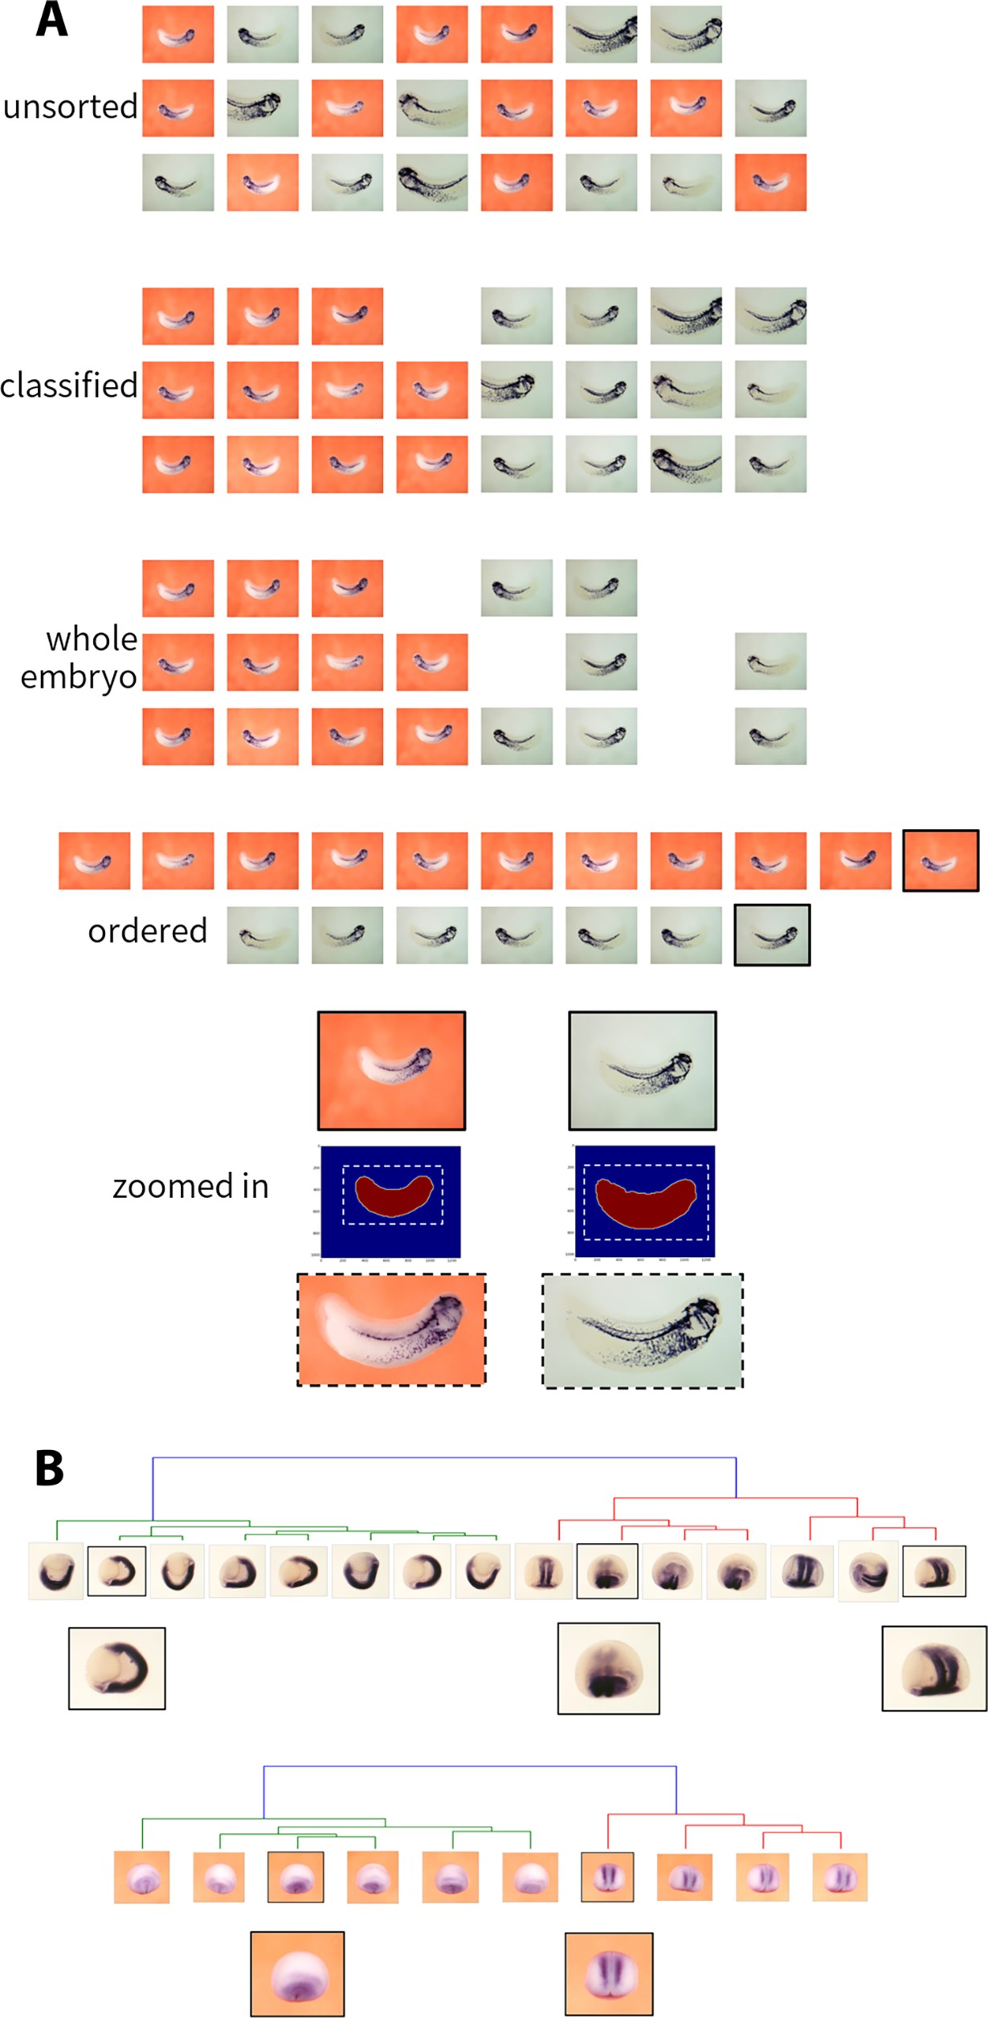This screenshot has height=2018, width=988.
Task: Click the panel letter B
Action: pyautogui.click(x=49, y=1468)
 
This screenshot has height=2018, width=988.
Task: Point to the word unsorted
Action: pyautogui.click(x=71, y=107)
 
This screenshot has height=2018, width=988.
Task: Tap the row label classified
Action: pyautogui.click(x=69, y=386)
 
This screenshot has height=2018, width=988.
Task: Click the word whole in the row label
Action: pyautogui.click(x=92, y=639)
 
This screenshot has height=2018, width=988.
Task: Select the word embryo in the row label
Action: pyautogui.click(x=79, y=676)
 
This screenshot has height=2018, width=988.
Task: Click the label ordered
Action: pyautogui.click(x=148, y=931)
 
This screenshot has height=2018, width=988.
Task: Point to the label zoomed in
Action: pyautogui.click(x=190, y=1187)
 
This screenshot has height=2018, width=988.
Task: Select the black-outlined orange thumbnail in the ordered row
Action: pyautogui.click(x=940, y=860)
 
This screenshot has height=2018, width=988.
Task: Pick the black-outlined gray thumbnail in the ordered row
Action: pyautogui.click(x=771, y=935)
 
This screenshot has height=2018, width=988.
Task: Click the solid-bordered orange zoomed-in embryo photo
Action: pyautogui.click(x=391, y=1070)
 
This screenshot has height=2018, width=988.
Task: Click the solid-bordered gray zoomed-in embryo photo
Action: pyautogui.click(x=642, y=1070)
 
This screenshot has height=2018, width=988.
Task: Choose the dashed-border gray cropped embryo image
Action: pyautogui.click(x=642, y=1330)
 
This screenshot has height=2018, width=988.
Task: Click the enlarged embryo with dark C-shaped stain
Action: pyautogui.click(x=117, y=1668)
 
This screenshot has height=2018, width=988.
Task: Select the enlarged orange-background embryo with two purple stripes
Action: pyautogui.click(x=608, y=1974)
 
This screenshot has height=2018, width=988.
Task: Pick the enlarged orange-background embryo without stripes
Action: pyautogui.click(x=297, y=1973)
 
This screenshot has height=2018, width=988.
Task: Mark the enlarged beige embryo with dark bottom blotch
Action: pyautogui.click(x=608, y=1668)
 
